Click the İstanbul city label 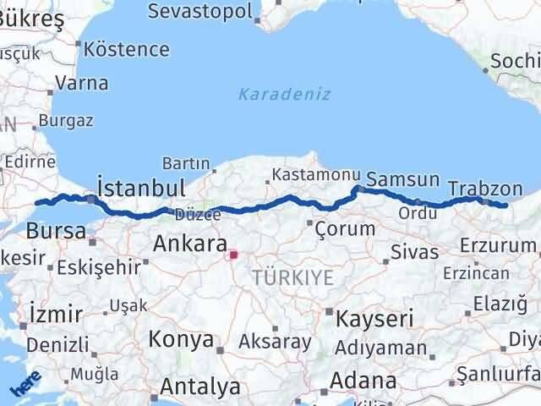pos(141,186)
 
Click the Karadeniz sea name pos(284,93)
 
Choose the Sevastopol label pos(199,11)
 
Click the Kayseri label pos(374,319)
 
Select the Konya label pos(181,339)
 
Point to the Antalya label pos(200,387)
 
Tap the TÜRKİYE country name pos(292,277)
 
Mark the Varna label pos(81,83)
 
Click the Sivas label pos(415,252)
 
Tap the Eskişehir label pos(99,267)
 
